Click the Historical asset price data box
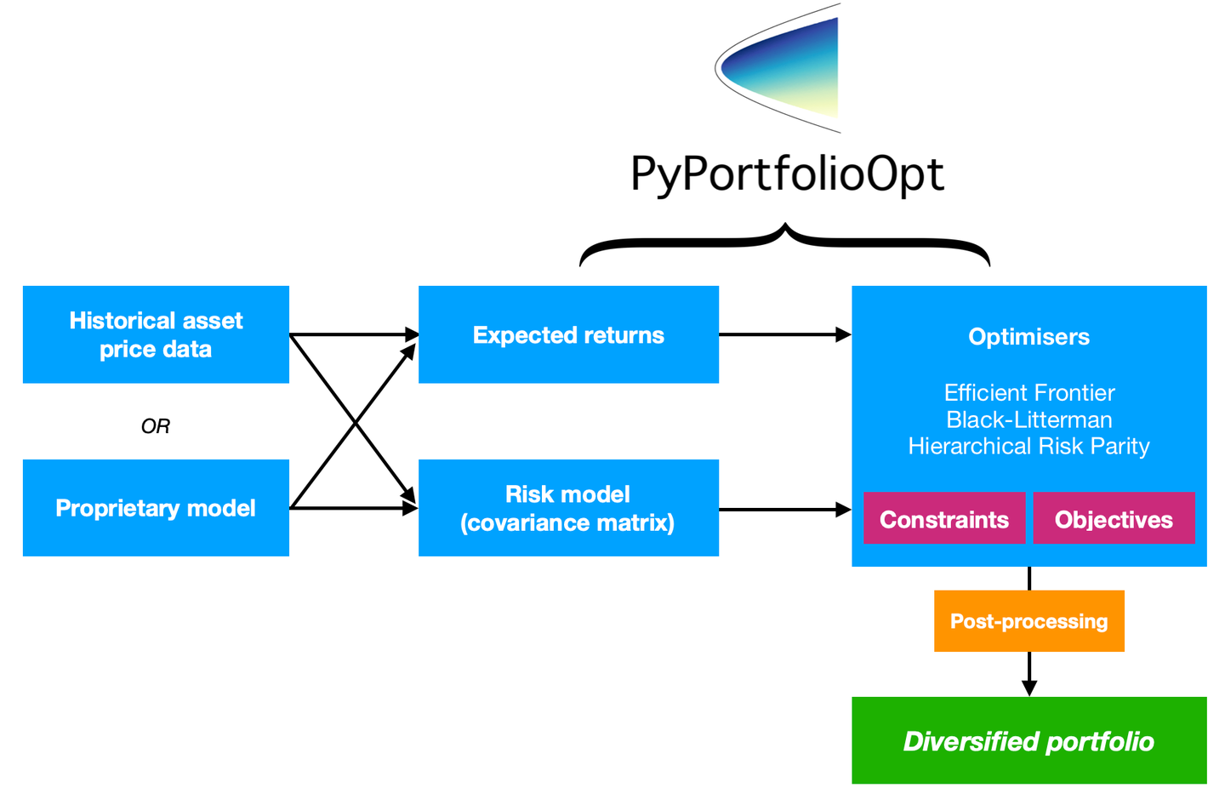pyautogui.click(x=156, y=334)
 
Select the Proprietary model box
pyautogui.click(x=156, y=508)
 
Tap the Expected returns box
pyautogui.click(x=568, y=334)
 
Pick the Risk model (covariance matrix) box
pyautogui.click(x=568, y=508)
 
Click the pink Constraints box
pyautogui.click(x=943, y=518)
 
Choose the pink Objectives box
pyautogui.click(x=1114, y=518)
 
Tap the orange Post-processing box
pyautogui.click(x=1028, y=621)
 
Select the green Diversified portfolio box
pyautogui.click(x=1028, y=740)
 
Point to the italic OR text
pyautogui.click(x=156, y=425)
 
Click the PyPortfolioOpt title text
pyautogui.click(x=787, y=174)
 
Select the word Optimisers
pyautogui.click(x=1028, y=337)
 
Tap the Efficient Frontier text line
pyautogui.click(x=1028, y=392)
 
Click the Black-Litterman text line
pyautogui.click(x=1028, y=419)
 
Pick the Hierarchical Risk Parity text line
pyautogui.click(x=1028, y=446)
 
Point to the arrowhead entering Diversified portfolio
pyautogui.click(x=1029, y=687)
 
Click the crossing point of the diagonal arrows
pyautogui.click(x=355, y=422)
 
